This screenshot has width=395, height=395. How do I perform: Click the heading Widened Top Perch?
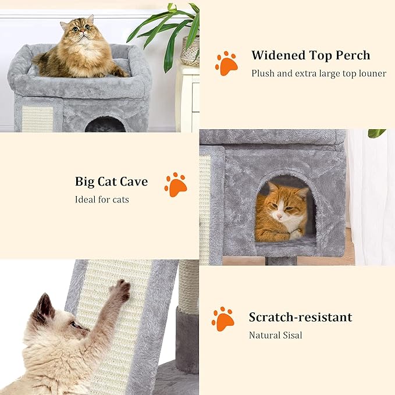311,56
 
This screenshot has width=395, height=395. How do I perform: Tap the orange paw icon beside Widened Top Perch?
226,63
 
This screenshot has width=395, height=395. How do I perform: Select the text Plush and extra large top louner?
318,74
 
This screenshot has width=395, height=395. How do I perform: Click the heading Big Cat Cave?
111,182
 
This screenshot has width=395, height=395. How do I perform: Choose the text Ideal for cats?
102,200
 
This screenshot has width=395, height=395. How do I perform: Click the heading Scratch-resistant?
300,318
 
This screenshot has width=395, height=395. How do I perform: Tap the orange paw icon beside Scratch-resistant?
223,319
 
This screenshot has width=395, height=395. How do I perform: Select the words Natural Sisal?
275,335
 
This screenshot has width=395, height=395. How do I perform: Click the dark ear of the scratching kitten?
44,309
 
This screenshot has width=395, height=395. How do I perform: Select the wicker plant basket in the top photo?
190,51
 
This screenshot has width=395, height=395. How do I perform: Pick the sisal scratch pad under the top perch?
37,119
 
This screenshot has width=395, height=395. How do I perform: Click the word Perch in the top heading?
351,56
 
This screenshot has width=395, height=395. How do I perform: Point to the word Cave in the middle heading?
133,182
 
